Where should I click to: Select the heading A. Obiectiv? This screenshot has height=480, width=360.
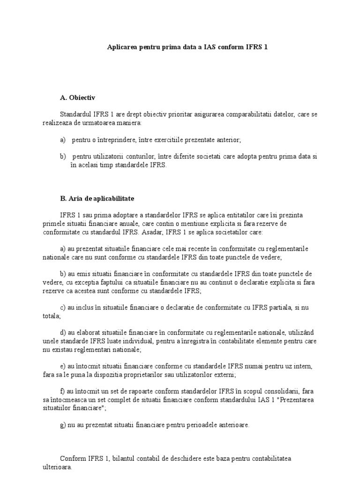pyautogui.click(x=77, y=98)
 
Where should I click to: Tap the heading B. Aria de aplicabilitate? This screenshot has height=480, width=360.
pyautogui.click(x=97, y=198)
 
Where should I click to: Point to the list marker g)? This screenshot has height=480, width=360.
pyautogui.click(x=63, y=425)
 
